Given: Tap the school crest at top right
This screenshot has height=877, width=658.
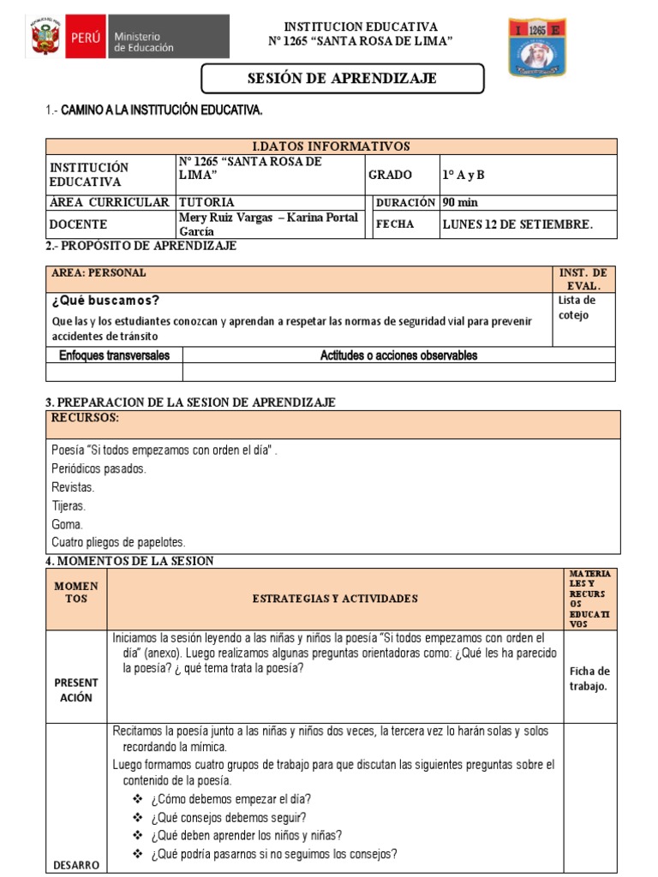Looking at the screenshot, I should [x=537, y=47].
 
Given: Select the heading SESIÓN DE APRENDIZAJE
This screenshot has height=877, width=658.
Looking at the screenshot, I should [x=342, y=79].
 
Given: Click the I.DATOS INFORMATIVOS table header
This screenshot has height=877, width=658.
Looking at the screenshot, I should [x=331, y=146].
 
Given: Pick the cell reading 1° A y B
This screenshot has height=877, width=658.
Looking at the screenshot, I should [x=464, y=175].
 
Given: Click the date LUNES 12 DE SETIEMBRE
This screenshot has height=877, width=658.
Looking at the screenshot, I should [x=517, y=224].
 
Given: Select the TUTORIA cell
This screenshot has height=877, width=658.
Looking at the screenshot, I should [x=206, y=203].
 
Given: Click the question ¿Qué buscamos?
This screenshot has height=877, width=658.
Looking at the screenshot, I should [x=105, y=301].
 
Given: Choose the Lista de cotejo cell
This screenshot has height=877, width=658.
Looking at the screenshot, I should [x=576, y=307].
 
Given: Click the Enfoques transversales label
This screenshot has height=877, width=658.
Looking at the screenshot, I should [x=114, y=355].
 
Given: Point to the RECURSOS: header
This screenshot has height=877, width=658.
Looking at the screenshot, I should [x=85, y=418].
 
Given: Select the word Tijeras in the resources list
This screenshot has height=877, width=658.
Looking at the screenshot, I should [x=68, y=505].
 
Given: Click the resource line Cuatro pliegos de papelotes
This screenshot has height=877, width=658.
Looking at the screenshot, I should [x=118, y=542].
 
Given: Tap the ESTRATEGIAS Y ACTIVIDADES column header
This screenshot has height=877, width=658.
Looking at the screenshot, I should [x=335, y=599].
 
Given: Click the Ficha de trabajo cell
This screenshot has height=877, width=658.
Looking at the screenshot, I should [x=589, y=678].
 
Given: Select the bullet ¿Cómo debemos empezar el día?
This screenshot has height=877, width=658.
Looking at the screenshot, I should [x=230, y=799].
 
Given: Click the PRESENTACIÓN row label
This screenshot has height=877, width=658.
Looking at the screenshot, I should [x=76, y=689].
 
